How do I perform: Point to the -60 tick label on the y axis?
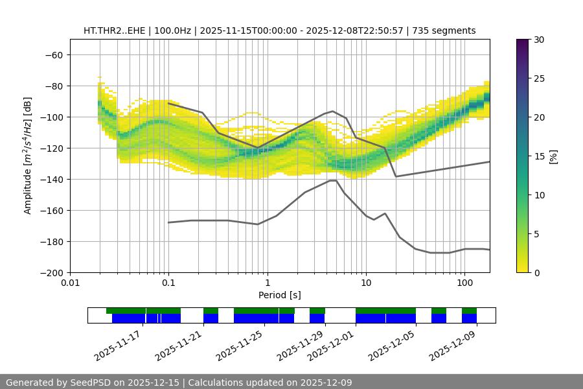click(x=52, y=54)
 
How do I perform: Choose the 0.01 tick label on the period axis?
click(x=70, y=283)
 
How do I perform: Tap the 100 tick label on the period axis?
click(x=464, y=283)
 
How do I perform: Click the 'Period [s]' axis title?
click(x=280, y=295)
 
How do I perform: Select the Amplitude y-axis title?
click(x=28, y=156)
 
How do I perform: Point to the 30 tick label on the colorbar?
click(x=538, y=40)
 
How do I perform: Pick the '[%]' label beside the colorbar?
click(x=553, y=156)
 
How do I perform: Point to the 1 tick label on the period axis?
click(x=267, y=283)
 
